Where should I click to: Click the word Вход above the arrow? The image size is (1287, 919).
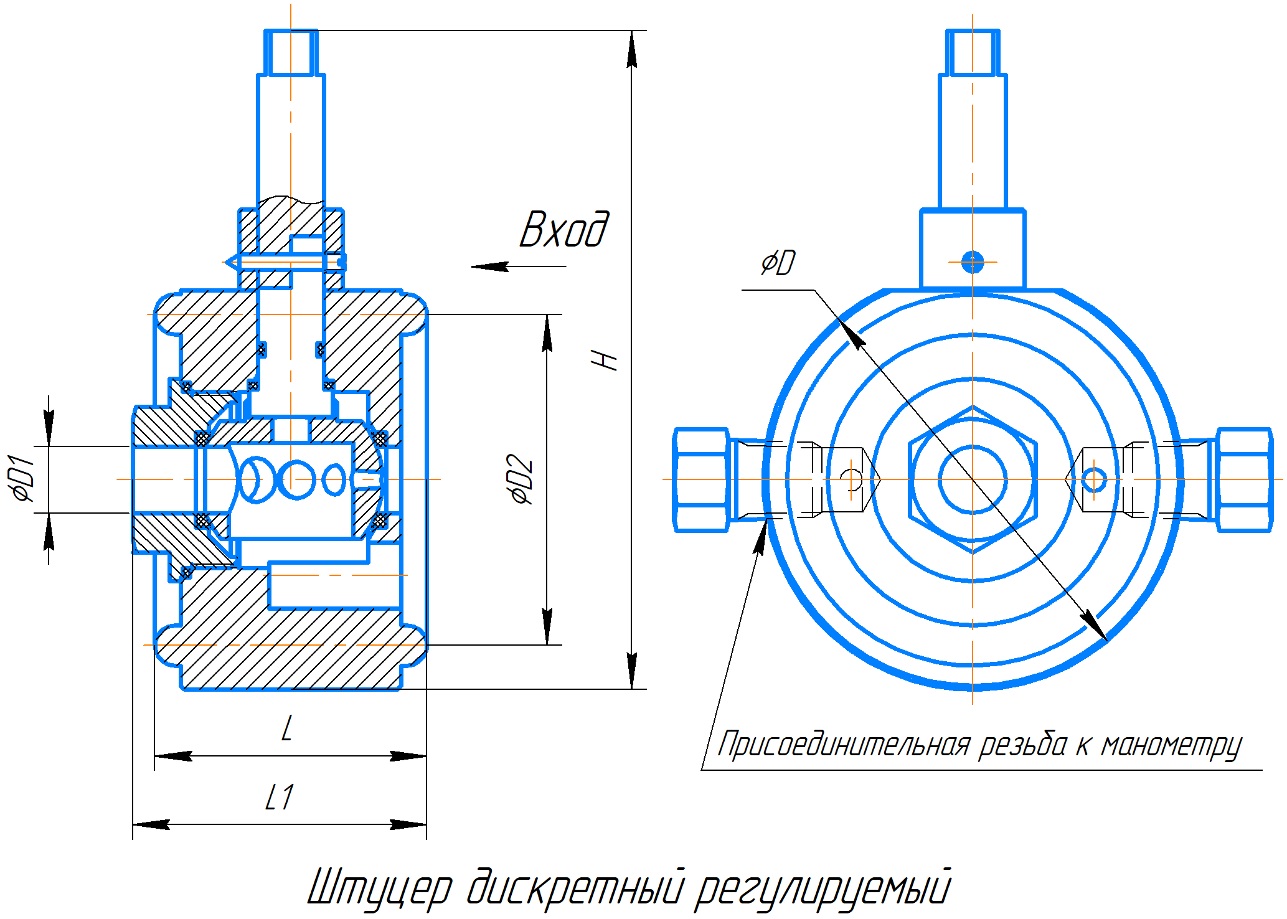(x=563, y=230)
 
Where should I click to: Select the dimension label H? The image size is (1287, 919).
(x=605, y=359)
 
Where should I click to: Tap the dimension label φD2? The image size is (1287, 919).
(x=521, y=479)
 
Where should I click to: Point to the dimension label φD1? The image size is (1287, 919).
(x=23, y=479)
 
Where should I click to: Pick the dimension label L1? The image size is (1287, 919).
(x=279, y=798)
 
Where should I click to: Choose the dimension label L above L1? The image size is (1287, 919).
(x=286, y=728)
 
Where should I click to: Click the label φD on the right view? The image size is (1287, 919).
(x=778, y=263)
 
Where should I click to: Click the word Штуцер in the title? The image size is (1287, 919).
(x=380, y=888)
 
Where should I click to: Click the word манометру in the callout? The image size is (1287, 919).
(x=1171, y=746)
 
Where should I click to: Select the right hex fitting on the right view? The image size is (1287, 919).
(x=1244, y=479)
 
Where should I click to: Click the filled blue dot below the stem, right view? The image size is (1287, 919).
(x=972, y=262)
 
